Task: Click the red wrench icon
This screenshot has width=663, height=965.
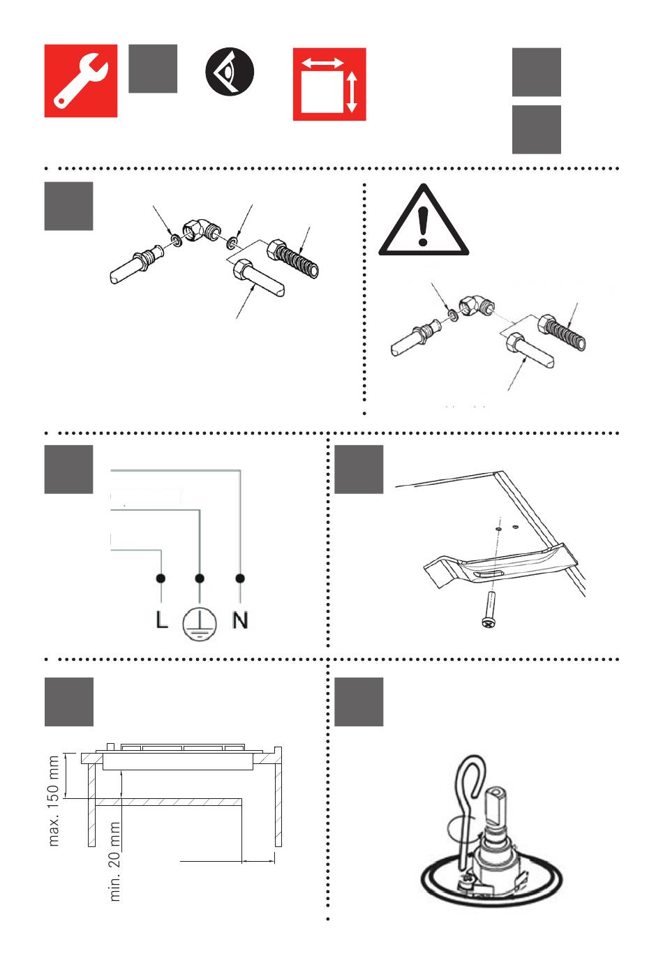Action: (81, 81)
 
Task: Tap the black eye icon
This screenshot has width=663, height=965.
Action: (230, 73)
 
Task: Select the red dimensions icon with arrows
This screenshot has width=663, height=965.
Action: (329, 84)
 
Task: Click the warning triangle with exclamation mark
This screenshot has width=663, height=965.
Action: (423, 222)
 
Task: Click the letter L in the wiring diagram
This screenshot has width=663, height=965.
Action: (162, 620)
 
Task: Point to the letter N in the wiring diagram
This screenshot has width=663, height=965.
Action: (240, 620)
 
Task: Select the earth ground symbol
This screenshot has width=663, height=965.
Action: (200, 622)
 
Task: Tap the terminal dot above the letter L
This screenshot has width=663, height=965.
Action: (161, 578)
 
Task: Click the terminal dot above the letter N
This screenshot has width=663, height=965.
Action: (240, 578)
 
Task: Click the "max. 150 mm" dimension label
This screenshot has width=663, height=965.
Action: (54, 801)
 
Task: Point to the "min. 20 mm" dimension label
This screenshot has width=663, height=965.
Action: (116, 861)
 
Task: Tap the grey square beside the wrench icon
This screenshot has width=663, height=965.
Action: (153, 68)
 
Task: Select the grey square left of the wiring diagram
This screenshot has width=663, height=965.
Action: (69, 470)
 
